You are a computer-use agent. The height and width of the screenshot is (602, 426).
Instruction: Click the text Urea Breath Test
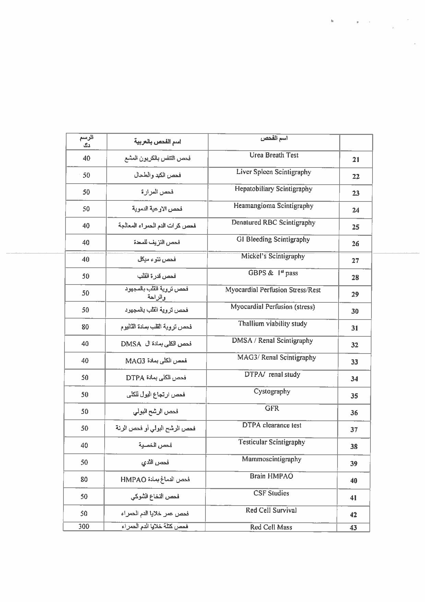point(274,155)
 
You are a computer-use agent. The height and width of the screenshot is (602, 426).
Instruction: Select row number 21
point(356,160)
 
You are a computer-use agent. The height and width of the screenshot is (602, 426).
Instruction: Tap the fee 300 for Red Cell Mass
point(84,526)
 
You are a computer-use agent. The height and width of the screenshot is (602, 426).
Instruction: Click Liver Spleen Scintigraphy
point(273,172)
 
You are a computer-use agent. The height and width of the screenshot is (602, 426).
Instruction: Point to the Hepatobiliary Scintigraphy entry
point(273,189)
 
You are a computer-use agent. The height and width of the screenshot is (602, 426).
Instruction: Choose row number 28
point(355,278)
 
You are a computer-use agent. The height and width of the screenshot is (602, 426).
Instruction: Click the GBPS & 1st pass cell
point(273,274)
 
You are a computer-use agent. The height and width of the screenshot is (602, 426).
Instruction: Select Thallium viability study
point(272,324)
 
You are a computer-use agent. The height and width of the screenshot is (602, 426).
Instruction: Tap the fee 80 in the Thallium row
point(85,327)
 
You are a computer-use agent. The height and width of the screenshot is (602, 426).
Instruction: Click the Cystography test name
point(272,392)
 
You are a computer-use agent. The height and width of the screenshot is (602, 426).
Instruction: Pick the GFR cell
point(272,408)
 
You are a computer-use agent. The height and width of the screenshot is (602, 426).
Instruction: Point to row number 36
point(354,413)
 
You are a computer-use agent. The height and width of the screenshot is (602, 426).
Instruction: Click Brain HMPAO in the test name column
point(271,476)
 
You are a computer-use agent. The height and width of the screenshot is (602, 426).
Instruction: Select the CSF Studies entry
point(271,494)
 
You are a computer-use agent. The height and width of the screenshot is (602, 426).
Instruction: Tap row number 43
point(353,528)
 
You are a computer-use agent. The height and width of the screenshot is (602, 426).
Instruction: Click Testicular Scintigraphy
point(271,442)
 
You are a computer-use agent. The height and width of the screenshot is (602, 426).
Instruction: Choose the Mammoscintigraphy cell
point(271,459)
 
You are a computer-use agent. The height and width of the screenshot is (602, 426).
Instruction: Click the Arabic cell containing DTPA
point(156,378)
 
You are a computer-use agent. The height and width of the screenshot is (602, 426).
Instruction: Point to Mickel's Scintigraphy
point(273,256)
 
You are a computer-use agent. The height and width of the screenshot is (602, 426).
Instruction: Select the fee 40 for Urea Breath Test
point(86,158)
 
